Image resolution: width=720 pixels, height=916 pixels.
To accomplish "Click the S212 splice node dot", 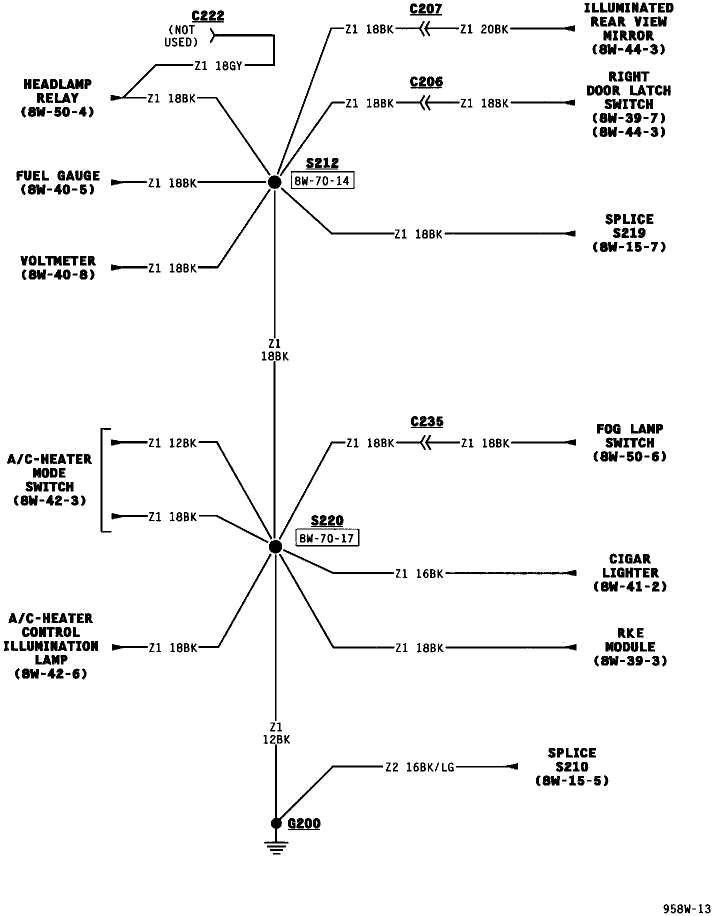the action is pyautogui.click(x=274, y=182).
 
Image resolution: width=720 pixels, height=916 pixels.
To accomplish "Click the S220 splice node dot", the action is pyautogui.click(x=275, y=546).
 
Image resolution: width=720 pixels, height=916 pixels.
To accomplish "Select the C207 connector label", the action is pyautogui.click(x=425, y=9).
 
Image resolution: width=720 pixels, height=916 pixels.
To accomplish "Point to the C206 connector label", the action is pyautogui.click(x=426, y=82).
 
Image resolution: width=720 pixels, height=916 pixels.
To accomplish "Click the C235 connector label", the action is pyautogui.click(x=426, y=421).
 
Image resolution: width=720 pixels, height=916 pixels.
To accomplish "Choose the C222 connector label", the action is pyautogui.click(x=208, y=15).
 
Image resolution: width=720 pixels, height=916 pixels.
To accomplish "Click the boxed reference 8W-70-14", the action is pyautogui.click(x=322, y=181).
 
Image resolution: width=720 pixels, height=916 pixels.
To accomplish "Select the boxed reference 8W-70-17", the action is pyautogui.click(x=327, y=538).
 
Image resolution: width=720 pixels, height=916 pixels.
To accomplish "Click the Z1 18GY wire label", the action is pyautogui.click(x=218, y=65).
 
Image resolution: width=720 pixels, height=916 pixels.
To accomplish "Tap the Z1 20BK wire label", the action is pyautogui.click(x=484, y=29).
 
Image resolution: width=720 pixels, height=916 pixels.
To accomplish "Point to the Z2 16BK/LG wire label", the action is pyautogui.click(x=419, y=766).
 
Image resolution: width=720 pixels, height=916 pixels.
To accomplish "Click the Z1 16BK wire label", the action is pyautogui.click(x=419, y=573).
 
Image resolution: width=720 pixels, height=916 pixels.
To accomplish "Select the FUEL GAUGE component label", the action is pyautogui.click(x=58, y=182).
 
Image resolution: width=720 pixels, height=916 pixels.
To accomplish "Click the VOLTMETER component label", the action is pyautogui.click(x=58, y=267).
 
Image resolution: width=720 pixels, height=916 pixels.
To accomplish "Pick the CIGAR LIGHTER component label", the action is pyautogui.click(x=630, y=572).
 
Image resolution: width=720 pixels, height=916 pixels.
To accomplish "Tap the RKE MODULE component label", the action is pyautogui.click(x=630, y=647).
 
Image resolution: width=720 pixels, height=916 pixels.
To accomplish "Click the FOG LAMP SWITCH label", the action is pyautogui.click(x=629, y=442).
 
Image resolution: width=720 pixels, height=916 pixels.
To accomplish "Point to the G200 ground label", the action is pyautogui.click(x=304, y=823).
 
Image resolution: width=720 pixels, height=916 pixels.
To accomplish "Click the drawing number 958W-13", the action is pyautogui.click(x=686, y=908).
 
